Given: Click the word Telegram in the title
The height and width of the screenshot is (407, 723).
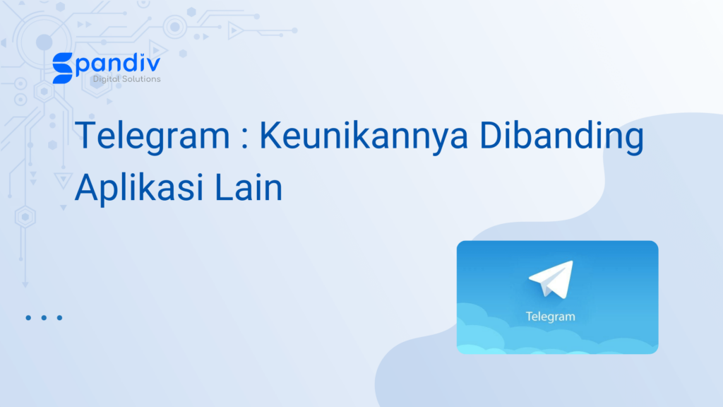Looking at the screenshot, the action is tap(153, 136).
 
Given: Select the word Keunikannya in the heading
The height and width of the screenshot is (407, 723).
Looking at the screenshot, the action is tap(364, 136).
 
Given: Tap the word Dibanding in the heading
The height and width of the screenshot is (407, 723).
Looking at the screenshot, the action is tap(561, 136).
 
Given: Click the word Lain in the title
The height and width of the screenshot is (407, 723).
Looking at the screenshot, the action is tap(248, 187).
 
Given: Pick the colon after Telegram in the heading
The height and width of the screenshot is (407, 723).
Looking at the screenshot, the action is tap(245, 138).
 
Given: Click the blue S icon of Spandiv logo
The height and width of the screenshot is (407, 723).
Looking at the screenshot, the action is tap(63, 69).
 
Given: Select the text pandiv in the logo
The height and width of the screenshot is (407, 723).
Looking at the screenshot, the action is tap(118, 64).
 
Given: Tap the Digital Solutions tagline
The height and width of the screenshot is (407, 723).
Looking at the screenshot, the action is tap(127, 79).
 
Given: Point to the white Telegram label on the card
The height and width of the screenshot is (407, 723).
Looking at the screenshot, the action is tap(551, 317).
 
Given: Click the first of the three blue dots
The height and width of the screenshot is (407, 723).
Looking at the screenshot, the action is tap(28, 317).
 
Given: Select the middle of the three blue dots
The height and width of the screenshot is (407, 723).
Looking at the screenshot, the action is tap(44, 317).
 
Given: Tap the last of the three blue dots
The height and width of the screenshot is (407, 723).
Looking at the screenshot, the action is tap(59, 317).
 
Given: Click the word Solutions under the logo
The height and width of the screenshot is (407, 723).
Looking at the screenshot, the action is tap(140, 79).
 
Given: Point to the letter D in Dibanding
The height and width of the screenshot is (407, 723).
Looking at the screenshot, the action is tap(491, 135).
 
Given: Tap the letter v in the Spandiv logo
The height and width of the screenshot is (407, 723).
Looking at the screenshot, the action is tap(153, 64).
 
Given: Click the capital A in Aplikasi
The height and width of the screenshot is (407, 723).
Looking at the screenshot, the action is tap(87, 187).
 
